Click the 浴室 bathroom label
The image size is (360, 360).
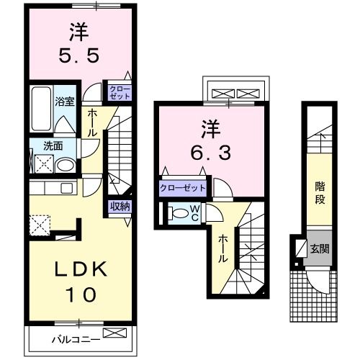[x=64, y=102]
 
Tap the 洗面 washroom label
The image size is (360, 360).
[x=53, y=146]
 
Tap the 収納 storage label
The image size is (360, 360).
[x=120, y=207]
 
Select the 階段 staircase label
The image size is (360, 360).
[x=320, y=192]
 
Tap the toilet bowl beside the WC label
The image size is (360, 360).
[x=177, y=214]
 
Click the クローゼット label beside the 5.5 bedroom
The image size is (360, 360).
[x=119, y=91]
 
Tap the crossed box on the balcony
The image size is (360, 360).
[x=114, y=333]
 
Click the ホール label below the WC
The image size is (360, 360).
[x=223, y=248]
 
